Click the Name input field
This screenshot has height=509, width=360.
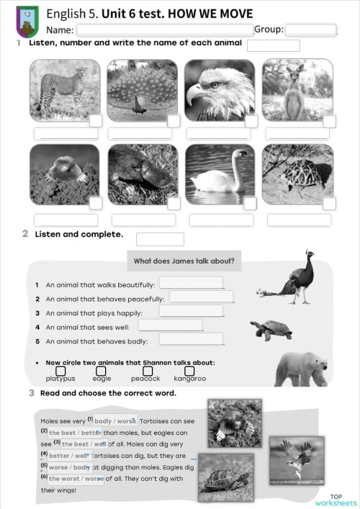(x=165, y=30)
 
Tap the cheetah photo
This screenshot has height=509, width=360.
(x=64, y=89)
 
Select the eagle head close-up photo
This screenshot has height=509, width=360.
(x=219, y=89)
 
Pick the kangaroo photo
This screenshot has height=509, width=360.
(x=297, y=89)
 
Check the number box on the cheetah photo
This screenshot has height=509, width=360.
(x=96, y=120)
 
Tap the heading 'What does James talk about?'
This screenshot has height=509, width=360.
(x=184, y=261)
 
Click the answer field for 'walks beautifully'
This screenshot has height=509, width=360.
(x=191, y=283)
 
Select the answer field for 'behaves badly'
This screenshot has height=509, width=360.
(x=191, y=339)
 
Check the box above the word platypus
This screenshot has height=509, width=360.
(x=60, y=371)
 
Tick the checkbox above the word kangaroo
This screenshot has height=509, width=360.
(x=189, y=371)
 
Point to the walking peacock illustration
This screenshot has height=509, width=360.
(x=288, y=274)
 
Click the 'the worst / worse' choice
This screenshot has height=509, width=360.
(x=76, y=478)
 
